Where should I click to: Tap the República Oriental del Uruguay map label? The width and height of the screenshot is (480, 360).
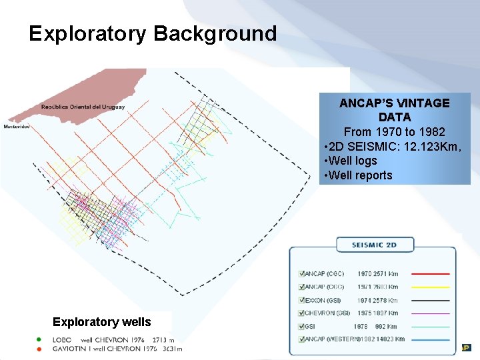click(83, 107)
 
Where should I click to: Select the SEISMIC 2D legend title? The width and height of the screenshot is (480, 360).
click(374, 245)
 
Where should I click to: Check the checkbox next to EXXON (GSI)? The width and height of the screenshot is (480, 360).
click(301, 300)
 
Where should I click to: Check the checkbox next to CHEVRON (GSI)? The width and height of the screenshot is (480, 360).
click(301, 313)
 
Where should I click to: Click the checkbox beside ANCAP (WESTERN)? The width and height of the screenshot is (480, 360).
click(301, 339)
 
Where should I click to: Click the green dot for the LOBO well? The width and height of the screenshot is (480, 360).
click(39, 339)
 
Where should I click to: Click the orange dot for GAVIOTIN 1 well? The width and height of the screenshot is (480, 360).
click(39, 348)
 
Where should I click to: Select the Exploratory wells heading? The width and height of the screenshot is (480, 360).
click(101, 322)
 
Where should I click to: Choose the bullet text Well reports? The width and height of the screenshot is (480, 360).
click(360, 175)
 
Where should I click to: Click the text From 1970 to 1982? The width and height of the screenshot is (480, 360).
click(394, 131)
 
